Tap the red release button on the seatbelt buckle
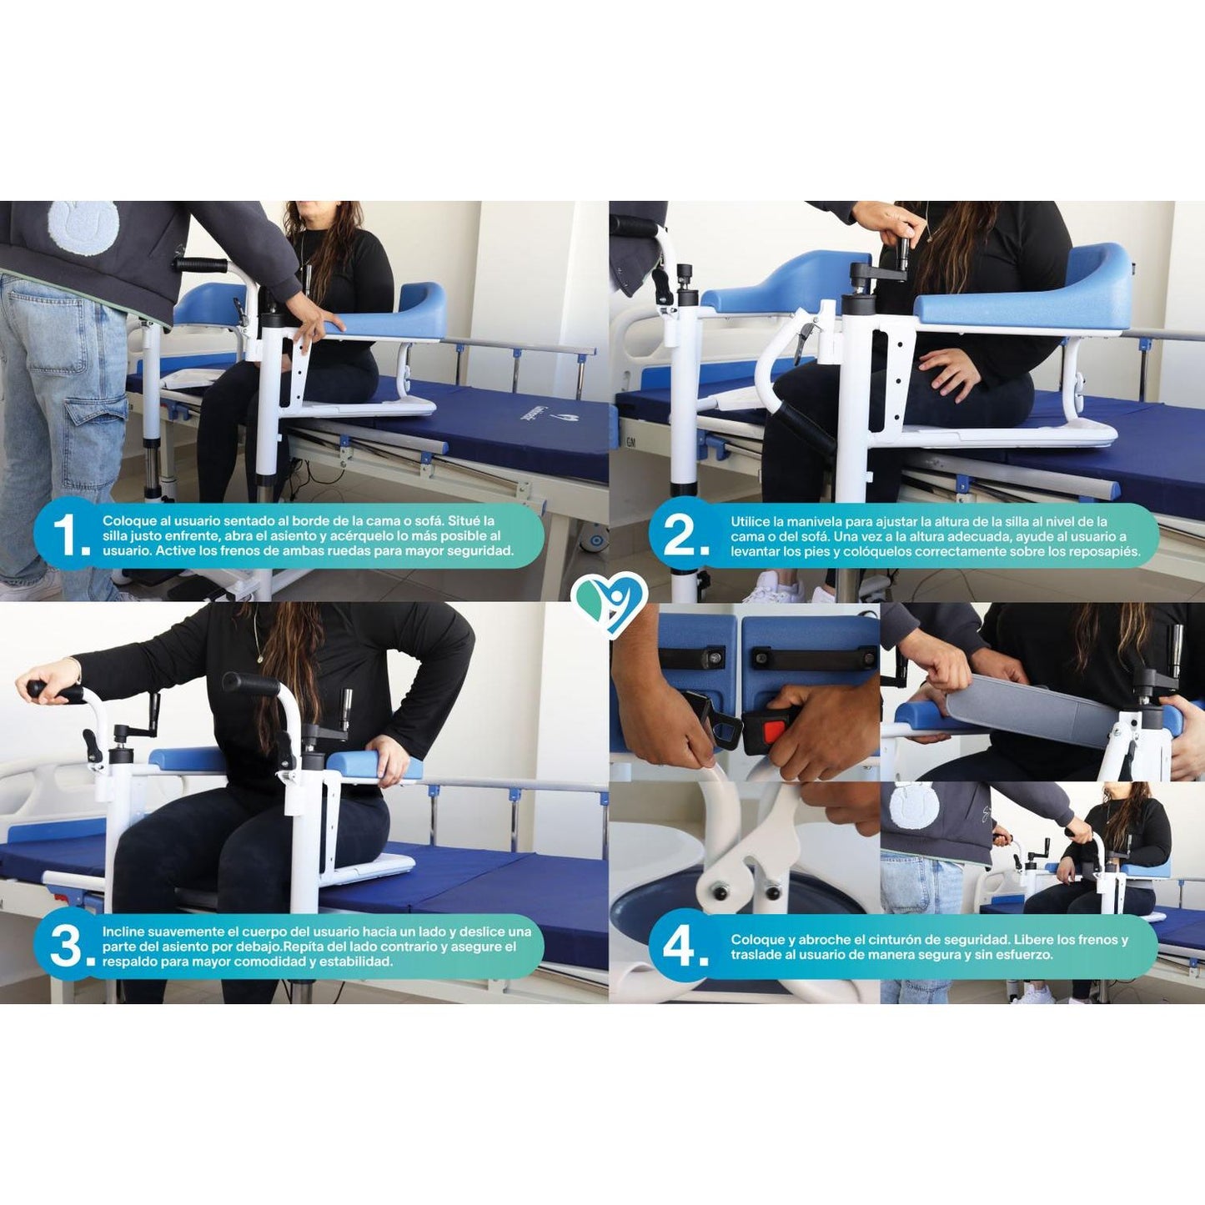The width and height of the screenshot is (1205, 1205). tap(773, 730)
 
